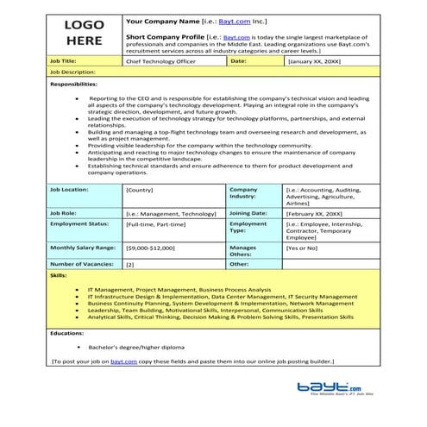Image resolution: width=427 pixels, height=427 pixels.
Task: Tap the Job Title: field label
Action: pos(65,62)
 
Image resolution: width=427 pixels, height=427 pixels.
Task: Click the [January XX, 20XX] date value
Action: pos(314,62)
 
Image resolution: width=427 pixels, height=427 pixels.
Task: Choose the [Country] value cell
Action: pos(140,188)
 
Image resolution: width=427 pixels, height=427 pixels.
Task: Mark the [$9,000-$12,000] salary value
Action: pos(150,248)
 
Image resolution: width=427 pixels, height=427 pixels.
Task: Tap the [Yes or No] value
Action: pos(301,248)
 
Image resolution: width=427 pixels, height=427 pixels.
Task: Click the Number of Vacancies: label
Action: pos(81,264)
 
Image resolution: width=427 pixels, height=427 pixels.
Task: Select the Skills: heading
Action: pos(58,276)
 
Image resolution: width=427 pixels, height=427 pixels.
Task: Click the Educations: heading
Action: pos(66,331)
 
